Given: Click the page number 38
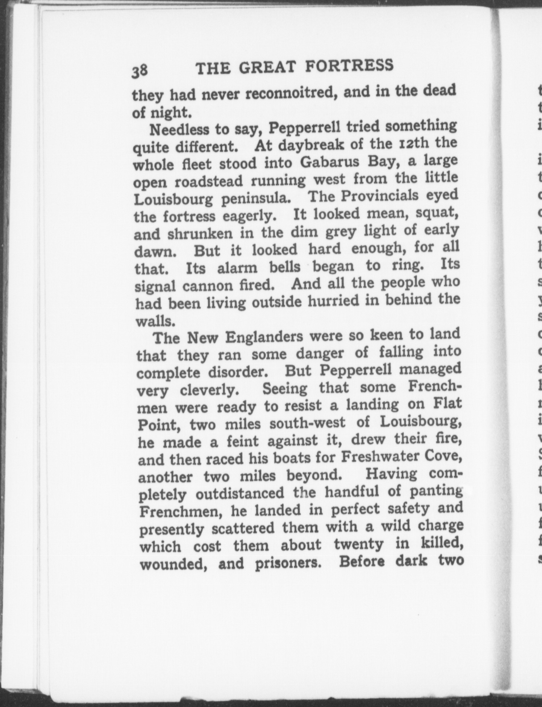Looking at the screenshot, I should pos(139,70).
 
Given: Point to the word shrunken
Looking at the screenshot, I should pos(201,234).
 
